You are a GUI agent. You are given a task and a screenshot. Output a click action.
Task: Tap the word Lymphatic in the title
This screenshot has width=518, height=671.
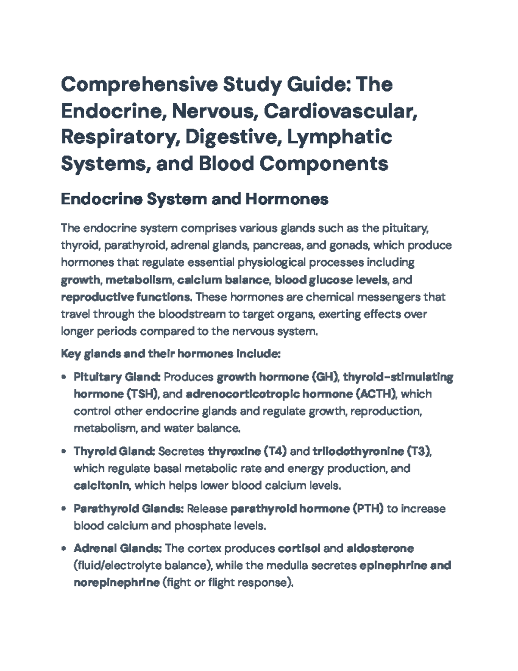pos(340,137)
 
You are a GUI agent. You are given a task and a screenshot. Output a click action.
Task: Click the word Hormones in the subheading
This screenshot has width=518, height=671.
pos(287,199)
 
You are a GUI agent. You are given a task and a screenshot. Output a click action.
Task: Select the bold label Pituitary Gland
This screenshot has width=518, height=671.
pos(117,377)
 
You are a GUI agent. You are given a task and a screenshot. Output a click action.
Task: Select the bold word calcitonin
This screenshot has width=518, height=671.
pos(101,486)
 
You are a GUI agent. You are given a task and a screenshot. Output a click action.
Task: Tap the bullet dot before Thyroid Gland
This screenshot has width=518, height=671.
pos(64,452)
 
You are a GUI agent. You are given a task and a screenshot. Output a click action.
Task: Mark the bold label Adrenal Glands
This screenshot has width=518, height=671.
pos(118,548)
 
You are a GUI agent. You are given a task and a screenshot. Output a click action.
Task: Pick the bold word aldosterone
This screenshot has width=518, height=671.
pos(380,548)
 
